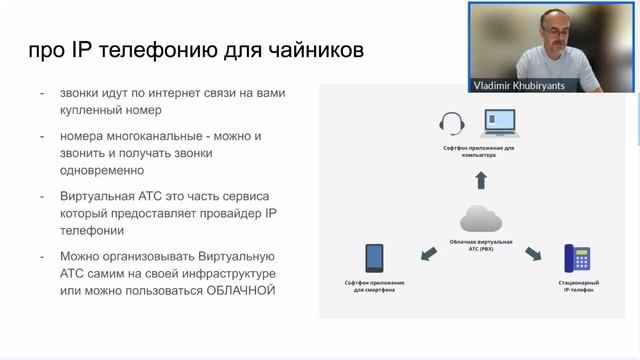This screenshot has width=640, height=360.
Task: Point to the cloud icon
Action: pos(480,217)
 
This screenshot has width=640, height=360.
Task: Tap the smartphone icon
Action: pos(375,258)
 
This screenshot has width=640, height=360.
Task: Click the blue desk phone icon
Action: pos(577,258)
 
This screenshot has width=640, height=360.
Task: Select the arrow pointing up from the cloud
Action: pos(480,179)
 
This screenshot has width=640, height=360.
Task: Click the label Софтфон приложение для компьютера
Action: pos(480,150)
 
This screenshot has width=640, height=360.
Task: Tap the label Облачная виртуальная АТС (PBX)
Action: pos(480,246)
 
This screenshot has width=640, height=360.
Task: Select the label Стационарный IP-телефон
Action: pos(578,287)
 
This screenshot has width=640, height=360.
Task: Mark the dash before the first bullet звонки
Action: pos(42,93)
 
